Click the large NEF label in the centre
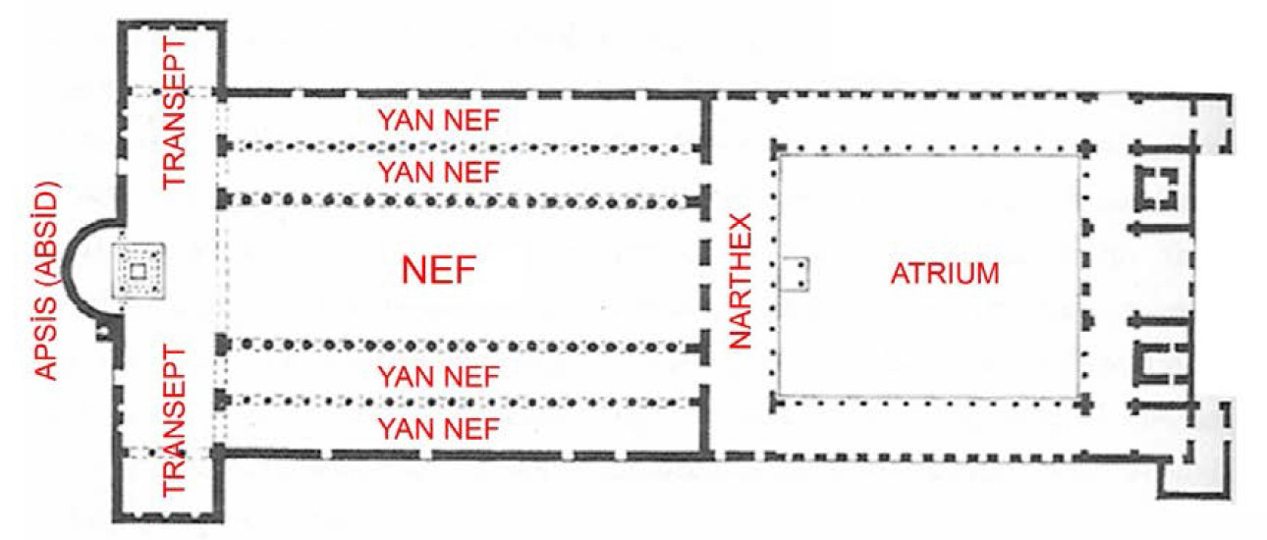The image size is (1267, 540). click(x=438, y=269)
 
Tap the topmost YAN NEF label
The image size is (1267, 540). click(x=438, y=121)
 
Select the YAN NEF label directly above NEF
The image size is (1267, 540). click(x=438, y=173)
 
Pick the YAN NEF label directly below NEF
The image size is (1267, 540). click(x=438, y=375)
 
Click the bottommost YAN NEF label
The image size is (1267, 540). click(x=438, y=427)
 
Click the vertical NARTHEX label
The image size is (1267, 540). click(x=742, y=280)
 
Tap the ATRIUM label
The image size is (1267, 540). click(x=944, y=273)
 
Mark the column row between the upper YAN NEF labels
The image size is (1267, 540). click(x=462, y=147)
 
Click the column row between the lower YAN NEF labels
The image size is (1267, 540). click(x=462, y=401)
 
